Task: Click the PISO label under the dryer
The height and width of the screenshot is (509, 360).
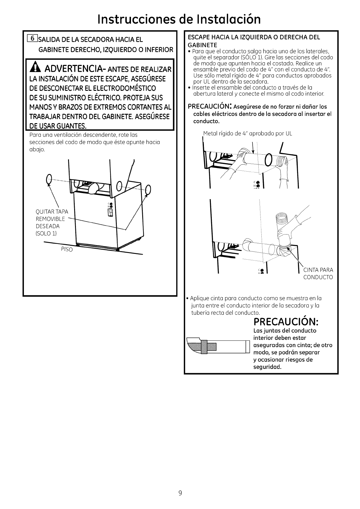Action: tap(67, 250)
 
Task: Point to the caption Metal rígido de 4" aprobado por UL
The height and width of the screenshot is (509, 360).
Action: tap(248, 133)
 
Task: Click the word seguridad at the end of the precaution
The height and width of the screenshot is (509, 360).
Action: tap(267, 367)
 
